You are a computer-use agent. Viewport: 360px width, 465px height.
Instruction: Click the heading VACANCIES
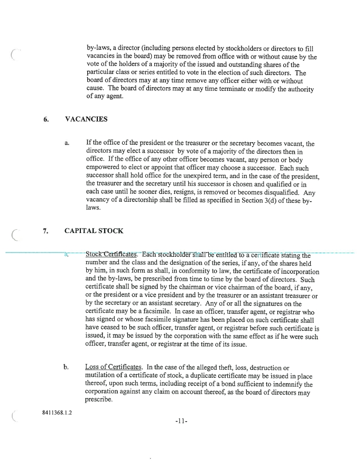coord(86,119)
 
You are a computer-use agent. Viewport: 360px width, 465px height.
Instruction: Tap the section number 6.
coord(47,119)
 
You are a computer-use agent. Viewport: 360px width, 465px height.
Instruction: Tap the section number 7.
coord(47,231)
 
